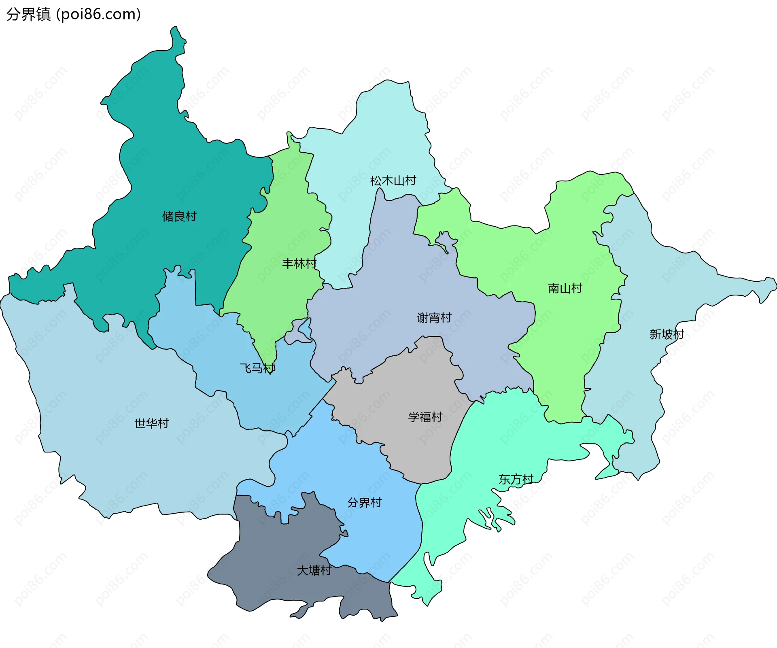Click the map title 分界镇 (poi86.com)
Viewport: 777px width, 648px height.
tap(73, 14)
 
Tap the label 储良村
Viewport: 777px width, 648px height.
tap(179, 217)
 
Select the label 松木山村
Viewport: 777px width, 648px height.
tap(393, 181)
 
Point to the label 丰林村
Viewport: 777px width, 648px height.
tap(299, 264)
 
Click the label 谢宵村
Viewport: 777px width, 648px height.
tap(434, 318)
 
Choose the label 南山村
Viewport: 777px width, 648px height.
tap(565, 289)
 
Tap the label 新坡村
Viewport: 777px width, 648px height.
tap(667, 334)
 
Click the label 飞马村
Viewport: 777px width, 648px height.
tap(257, 368)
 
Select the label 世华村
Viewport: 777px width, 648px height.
tap(151, 424)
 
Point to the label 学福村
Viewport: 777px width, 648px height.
tap(425, 417)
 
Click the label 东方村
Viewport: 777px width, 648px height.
tap(516, 480)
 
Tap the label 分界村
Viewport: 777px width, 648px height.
tap(364, 503)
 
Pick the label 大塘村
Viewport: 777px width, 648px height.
tap(314, 571)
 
